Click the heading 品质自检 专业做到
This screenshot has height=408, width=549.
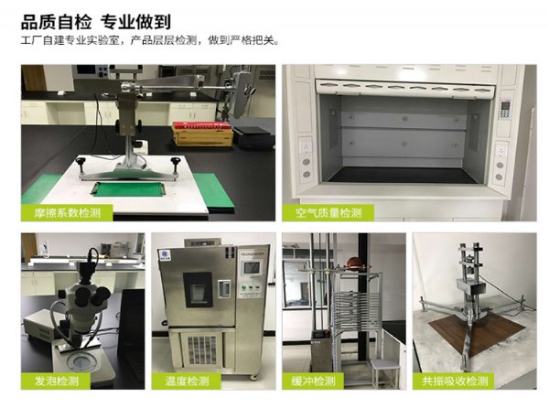[96, 22]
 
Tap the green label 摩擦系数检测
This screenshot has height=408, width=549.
[67, 213]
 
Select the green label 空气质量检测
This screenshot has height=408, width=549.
[328, 213]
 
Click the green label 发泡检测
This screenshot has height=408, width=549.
[56, 381]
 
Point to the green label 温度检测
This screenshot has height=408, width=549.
[187, 381]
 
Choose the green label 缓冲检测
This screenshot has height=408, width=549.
[313, 381]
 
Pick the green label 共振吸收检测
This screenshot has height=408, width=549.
[454, 381]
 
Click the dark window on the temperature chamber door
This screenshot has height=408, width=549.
[199, 290]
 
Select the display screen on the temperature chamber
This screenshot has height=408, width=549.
[253, 268]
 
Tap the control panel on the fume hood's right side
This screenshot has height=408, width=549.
[504, 109]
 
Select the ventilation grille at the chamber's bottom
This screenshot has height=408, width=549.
[201, 349]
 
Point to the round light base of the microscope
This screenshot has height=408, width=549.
[81, 362]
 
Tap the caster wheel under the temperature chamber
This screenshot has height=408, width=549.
[253, 377]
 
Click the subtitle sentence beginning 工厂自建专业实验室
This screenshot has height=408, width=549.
[151, 40]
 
